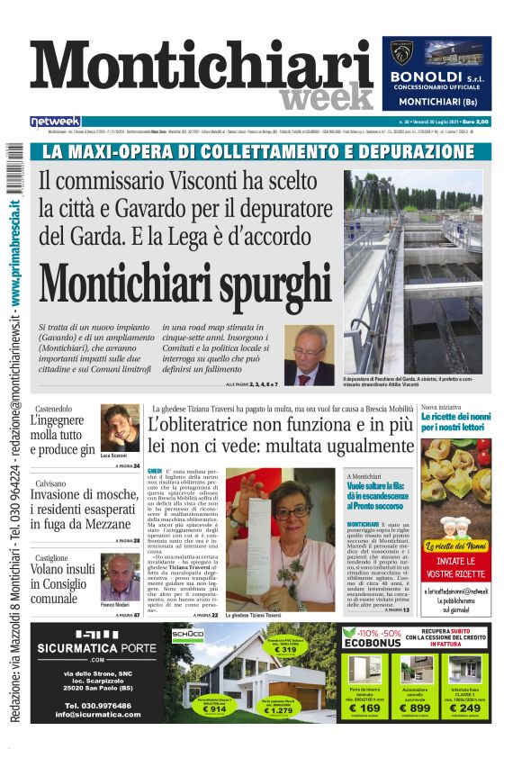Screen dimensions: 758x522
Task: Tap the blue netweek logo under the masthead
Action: [56, 122]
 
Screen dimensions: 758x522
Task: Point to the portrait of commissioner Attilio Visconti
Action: [309, 354]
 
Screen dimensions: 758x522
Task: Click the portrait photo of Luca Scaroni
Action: [119, 428]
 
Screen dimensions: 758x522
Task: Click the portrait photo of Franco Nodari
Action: [120, 576]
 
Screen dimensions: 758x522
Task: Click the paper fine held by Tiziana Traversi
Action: [254, 504]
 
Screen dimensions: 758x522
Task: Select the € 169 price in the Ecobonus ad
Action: [364, 708]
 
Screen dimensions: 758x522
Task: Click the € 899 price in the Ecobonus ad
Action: [415, 708]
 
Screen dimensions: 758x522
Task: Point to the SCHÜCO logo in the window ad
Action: [188, 634]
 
